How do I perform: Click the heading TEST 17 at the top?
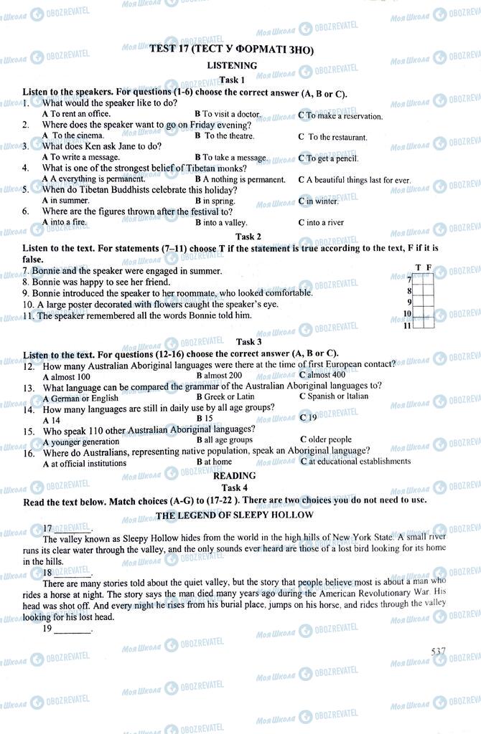coord(231,49)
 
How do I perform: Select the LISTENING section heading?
coord(232,65)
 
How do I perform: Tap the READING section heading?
coord(235,475)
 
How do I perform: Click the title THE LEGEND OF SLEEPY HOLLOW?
coord(235,515)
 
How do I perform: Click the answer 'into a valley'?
coord(225,222)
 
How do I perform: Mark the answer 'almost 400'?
coord(326,375)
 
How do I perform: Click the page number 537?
coord(438,651)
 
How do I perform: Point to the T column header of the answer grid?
coord(418,268)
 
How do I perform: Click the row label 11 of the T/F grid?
coord(406,326)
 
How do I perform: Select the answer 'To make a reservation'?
coord(344,115)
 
